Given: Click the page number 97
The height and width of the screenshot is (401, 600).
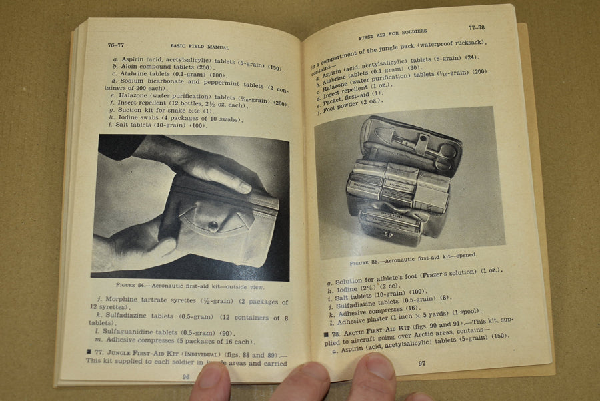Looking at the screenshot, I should [x=421, y=363].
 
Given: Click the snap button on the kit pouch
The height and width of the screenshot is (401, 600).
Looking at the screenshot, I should [x=213, y=226].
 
